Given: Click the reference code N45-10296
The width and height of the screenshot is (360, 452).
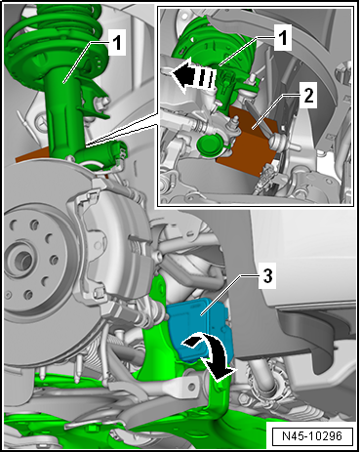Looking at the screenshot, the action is click(x=312, y=436).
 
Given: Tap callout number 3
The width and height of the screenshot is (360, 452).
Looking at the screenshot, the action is click(x=267, y=277).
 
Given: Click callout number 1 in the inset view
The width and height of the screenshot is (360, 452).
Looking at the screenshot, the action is click(x=283, y=38).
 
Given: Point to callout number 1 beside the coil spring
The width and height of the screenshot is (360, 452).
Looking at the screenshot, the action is click(x=117, y=43).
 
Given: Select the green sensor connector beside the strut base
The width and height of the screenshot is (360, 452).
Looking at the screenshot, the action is click(x=116, y=151).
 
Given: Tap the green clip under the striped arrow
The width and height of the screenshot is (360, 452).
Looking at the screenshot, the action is click(x=227, y=90).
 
